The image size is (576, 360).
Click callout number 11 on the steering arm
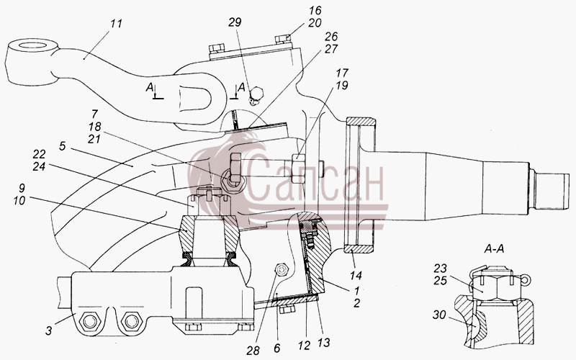116,24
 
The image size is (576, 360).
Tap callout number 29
235,22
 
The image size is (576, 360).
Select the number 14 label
356,275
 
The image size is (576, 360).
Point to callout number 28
253,351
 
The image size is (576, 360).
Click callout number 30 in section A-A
439,315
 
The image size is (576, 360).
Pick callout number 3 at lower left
49,330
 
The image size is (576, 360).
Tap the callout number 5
63,146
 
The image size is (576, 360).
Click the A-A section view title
494,249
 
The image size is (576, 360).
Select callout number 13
323,343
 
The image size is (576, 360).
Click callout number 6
276,348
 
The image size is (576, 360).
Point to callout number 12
304,345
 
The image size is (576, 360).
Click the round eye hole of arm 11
32,47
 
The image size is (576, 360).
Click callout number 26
331,37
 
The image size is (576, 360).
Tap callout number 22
39,154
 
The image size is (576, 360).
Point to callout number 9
22,188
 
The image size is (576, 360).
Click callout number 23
440,268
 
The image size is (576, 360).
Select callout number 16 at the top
315,10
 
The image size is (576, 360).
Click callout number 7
95,114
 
